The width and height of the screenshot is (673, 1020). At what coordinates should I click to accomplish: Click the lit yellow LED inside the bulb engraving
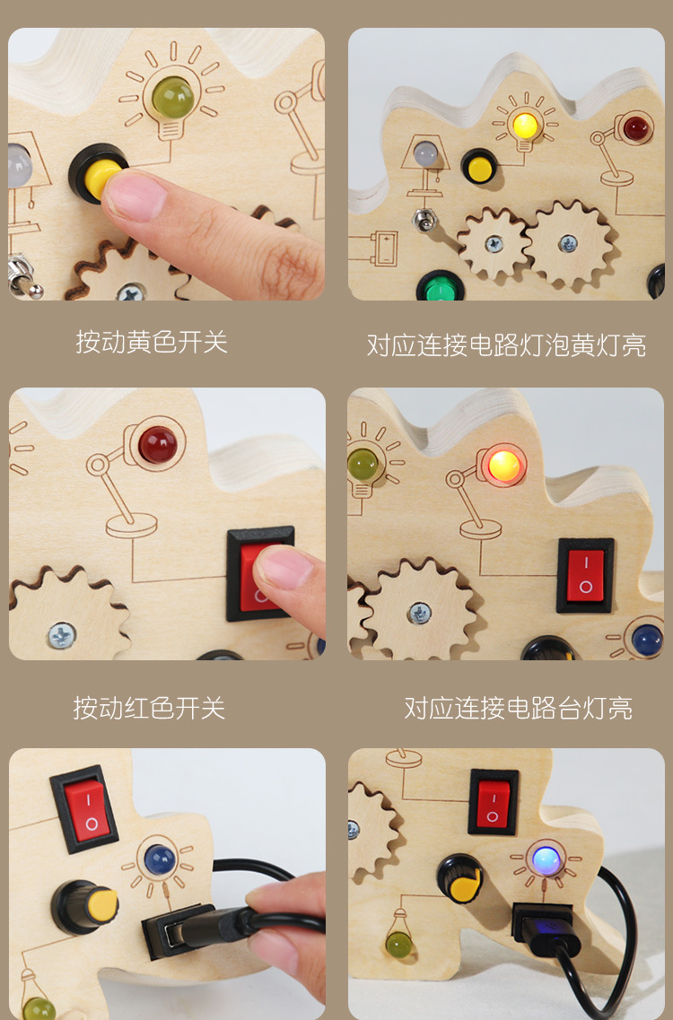pyautogui.click(x=524, y=124)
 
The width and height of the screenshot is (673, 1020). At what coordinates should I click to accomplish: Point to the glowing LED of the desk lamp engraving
pyautogui.click(x=504, y=466)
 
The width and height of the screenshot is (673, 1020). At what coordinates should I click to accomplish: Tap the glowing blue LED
pyautogui.click(x=546, y=860)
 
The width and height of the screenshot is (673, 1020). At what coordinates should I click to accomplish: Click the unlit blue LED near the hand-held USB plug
pyautogui.click(x=160, y=860)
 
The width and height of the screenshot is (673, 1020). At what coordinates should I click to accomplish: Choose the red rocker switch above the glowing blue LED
pyautogui.click(x=493, y=802)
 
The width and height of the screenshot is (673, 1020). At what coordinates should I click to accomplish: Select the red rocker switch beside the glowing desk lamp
pyautogui.click(x=585, y=575)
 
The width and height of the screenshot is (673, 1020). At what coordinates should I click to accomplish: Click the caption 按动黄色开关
pyautogui.click(x=152, y=343)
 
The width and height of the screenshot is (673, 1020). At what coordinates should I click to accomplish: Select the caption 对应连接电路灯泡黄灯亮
pyautogui.click(x=506, y=345)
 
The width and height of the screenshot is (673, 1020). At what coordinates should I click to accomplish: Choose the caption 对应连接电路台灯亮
pyautogui.click(x=518, y=709)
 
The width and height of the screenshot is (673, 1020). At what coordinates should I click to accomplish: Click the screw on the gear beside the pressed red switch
pyautogui.click(x=62, y=635)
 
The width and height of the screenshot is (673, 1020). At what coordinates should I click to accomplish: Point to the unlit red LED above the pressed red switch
pyautogui.click(x=158, y=444)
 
